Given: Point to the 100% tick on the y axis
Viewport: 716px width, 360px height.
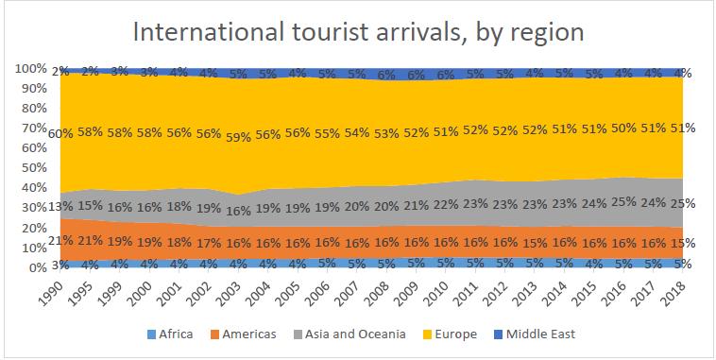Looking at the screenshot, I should [30, 69].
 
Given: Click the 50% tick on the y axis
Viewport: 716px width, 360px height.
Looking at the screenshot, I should [34, 167].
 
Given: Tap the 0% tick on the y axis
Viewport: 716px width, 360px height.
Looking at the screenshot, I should [37, 266].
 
